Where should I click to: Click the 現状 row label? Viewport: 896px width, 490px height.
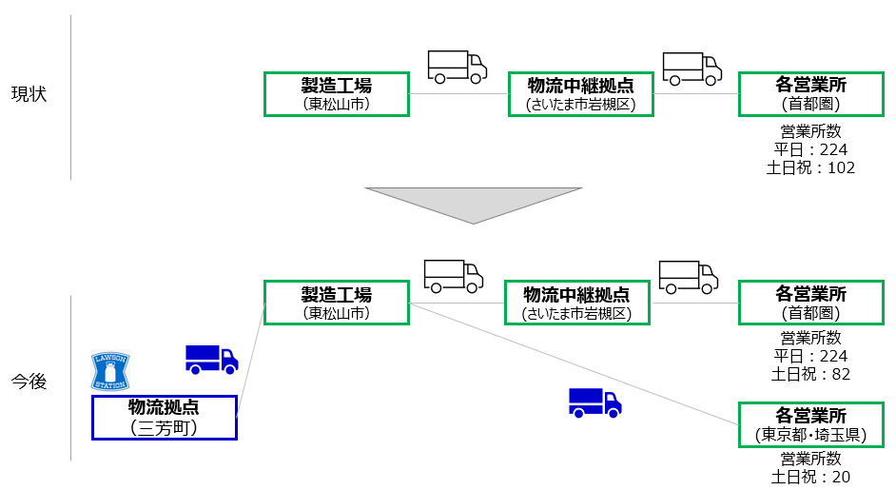pos(29,94)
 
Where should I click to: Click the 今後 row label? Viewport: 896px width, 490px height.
pos(29,382)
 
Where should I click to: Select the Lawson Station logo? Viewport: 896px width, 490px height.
pos(108,370)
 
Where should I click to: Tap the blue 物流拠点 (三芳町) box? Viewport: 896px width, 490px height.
pos(164,418)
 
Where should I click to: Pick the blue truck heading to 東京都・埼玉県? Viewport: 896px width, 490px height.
pos(594,402)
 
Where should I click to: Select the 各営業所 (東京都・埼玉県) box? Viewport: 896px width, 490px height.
pos(810,425)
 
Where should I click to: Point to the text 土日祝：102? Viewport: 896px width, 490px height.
pos(810,167)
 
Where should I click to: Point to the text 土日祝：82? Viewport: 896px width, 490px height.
pos(810,374)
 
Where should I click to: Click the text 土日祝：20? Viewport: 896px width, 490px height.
pos(810,477)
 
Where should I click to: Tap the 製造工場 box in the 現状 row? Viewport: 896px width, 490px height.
pos(336,94)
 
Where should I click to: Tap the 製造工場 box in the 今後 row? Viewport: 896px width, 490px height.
pos(336,303)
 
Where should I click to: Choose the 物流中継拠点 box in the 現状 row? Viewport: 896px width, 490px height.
pos(580,94)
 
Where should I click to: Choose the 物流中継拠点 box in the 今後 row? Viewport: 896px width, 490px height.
pos(576,303)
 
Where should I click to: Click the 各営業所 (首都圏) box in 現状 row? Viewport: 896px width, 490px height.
pos(810,94)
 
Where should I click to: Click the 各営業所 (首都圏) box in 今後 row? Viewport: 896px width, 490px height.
pos(810,303)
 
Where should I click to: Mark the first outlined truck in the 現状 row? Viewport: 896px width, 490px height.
pos(457,67)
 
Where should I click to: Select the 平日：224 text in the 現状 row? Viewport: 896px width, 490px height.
pos(810,149)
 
